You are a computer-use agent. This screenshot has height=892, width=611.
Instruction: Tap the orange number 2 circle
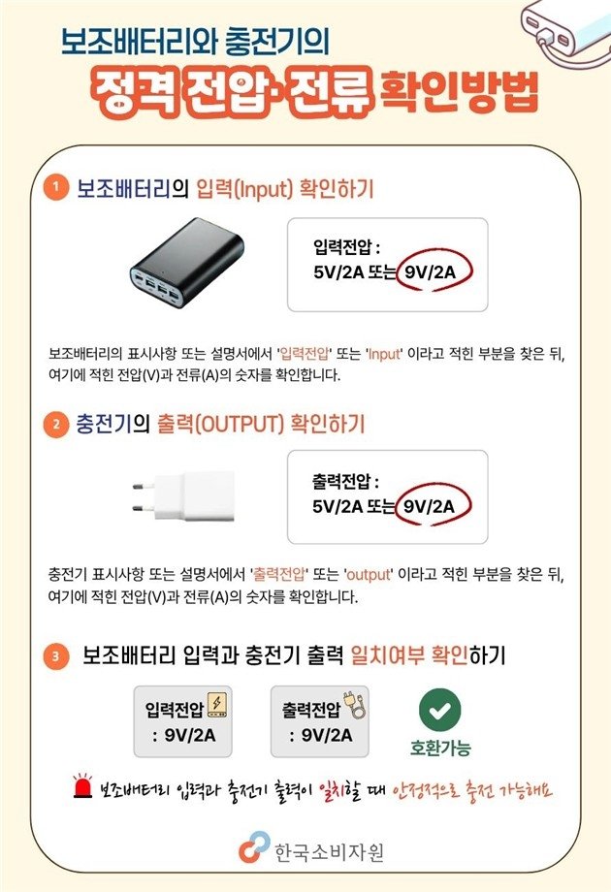click(x=57, y=424)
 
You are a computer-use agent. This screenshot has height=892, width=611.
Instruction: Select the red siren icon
click(x=80, y=789)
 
